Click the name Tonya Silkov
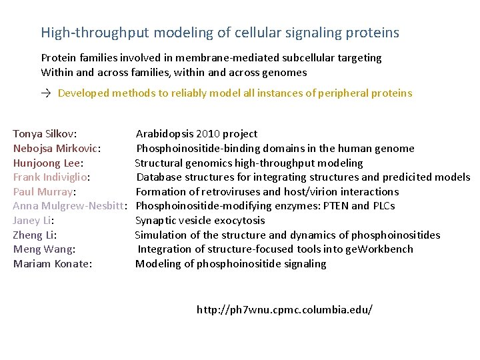pyautogui.click(x=43, y=134)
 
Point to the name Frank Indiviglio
pyautogui.click(x=51, y=177)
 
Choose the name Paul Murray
pyautogui.click(x=43, y=192)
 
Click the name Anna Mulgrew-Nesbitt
pyautogui.click(x=69, y=206)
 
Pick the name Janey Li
pyautogui.click(x=32, y=221)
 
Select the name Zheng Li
pyautogui.click(x=33, y=235)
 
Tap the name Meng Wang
pyautogui.click(x=43, y=249)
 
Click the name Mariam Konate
pyautogui.click(x=51, y=264)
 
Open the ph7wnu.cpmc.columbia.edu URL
pyautogui.click(x=285, y=310)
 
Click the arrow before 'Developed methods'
pyautogui.click(x=47, y=93)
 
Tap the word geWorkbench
pyautogui.click(x=381, y=249)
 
